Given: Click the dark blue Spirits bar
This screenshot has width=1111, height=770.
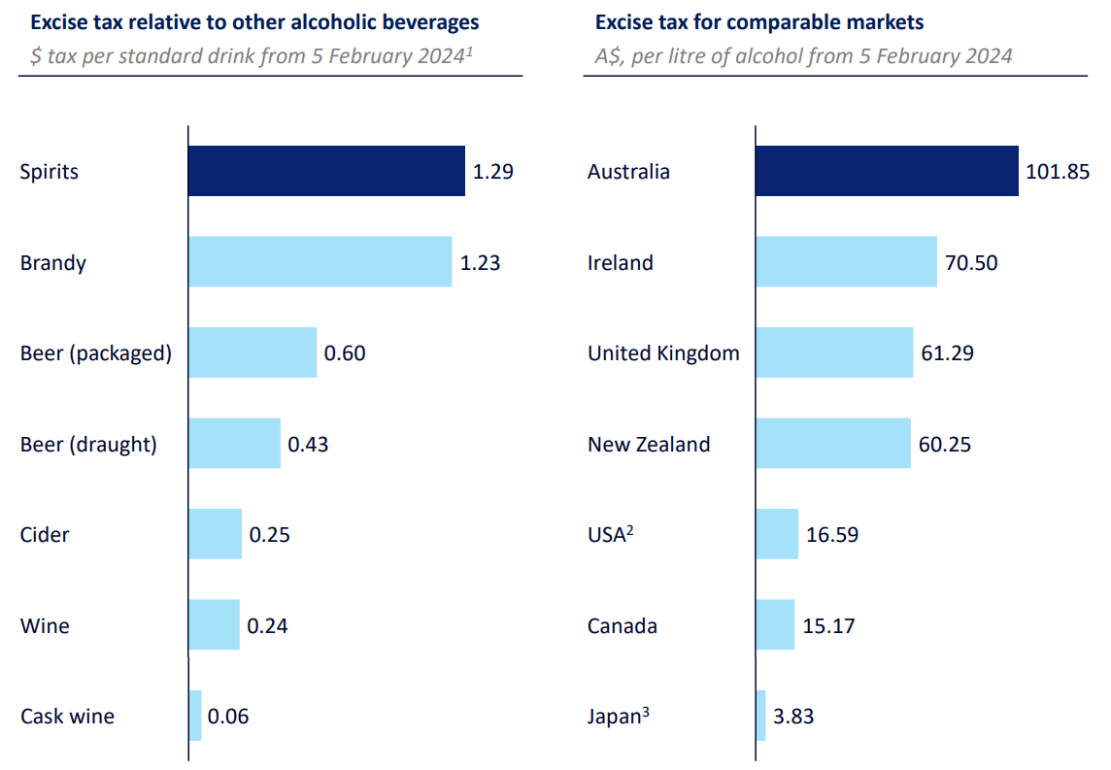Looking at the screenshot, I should pos(326,171).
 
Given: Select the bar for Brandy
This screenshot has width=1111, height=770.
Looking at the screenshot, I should pos(320,261).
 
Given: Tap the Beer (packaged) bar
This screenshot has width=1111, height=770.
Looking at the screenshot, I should pos(252,352).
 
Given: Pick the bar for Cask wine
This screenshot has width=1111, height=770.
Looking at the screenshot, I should pos(195,716).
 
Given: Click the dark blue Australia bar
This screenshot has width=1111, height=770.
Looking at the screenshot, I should pos(887,171).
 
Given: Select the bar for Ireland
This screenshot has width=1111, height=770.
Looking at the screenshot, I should pos(846,261).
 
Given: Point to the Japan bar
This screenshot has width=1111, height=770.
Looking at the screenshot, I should pos(760,716).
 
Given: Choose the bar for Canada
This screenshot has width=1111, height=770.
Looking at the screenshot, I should pos(775,624).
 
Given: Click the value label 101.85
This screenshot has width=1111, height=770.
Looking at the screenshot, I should pos(1058,172).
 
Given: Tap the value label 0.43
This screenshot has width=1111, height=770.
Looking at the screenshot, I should pos(308,444).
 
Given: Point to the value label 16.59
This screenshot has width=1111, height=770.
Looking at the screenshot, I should pos(831,534).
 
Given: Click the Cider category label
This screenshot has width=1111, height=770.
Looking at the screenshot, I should pos(45,534).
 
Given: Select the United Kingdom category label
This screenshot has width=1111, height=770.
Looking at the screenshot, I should pos(663,353).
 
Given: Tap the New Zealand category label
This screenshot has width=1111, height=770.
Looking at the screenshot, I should pos(649,444).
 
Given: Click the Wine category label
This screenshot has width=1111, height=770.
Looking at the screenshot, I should pos(45,625).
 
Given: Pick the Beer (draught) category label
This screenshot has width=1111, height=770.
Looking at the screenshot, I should pos(88,445).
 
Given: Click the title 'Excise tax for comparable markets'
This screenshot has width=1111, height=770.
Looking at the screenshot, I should pos(759,21).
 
